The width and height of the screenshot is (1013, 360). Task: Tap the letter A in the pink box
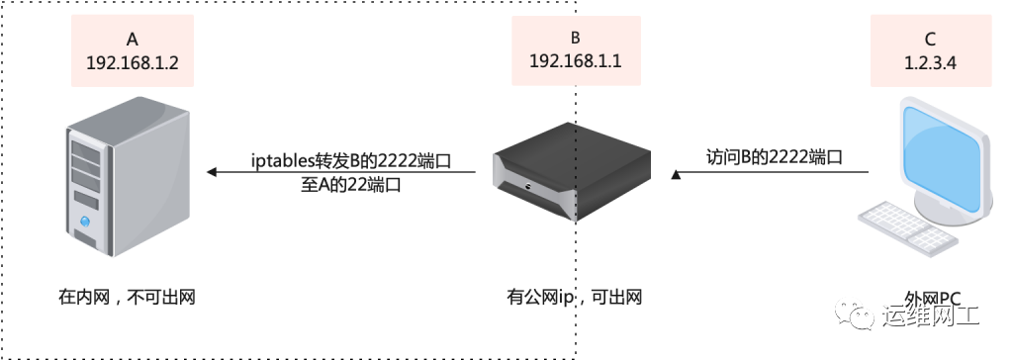pos(133,40)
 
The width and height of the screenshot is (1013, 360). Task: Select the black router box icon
pos(572,172)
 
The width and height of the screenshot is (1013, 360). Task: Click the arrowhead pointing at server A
pos(212,173)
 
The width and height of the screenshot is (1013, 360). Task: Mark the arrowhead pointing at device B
pos(677,174)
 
